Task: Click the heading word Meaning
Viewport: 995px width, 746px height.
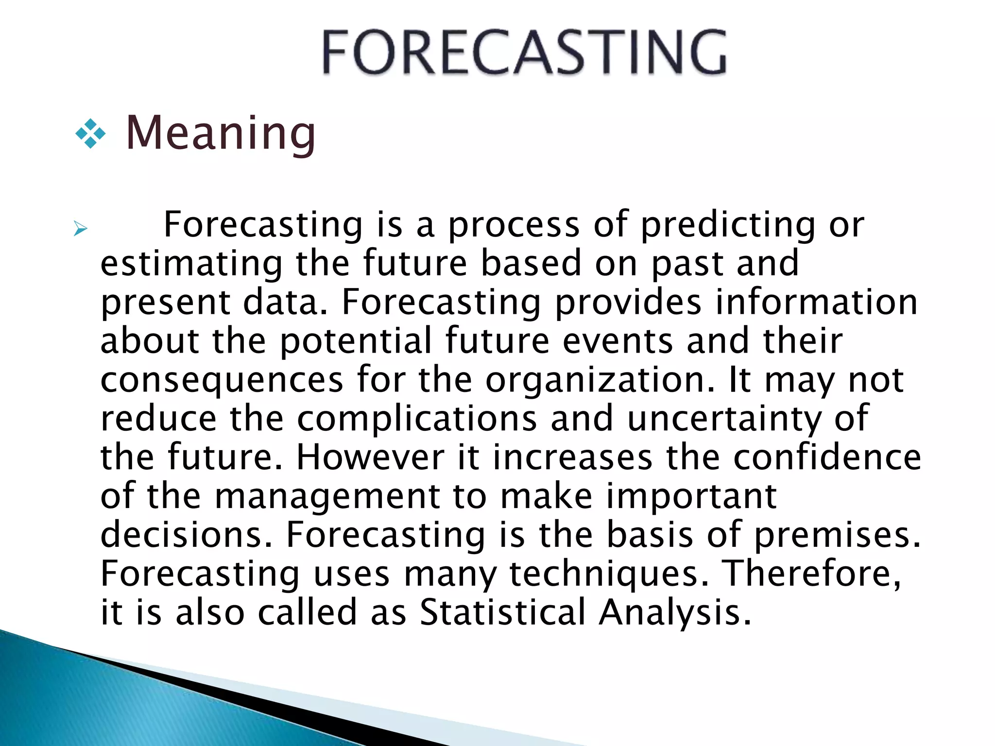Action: click(221, 133)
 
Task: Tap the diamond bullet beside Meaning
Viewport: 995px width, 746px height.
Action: click(90, 134)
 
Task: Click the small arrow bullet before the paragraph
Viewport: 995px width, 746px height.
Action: click(80, 228)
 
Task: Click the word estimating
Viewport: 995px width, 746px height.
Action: click(191, 264)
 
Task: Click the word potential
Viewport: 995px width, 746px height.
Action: click(356, 341)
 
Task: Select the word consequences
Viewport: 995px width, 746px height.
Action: click(222, 380)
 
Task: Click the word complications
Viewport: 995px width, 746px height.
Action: click(417, 419)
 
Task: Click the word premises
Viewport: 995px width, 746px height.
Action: click(837, 535)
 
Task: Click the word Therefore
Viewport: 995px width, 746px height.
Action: click(811, 574)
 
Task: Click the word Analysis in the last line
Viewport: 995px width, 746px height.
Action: click(674, 612)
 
